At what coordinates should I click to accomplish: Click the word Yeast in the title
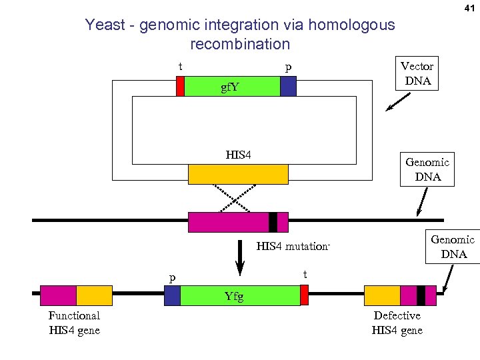tap(105, 25)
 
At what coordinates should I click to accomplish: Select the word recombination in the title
tap(240, 45)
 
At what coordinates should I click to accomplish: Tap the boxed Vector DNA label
tap(417, 74)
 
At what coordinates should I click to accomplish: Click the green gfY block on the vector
tap(231, 87)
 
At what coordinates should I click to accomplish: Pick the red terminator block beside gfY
tap(180, 87)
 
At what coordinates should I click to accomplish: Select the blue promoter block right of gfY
tap(288, 87)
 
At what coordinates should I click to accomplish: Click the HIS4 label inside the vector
tap(238, 155)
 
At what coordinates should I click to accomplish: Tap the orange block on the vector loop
tap(238, 174)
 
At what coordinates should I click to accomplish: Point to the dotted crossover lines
tap(238, 197)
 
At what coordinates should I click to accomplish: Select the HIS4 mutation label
tap(293, 247)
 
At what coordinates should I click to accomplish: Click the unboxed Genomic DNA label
tap(427, 169)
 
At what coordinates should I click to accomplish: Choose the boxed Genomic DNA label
tap(453, 247)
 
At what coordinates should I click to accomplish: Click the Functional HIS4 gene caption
tap(74, 323)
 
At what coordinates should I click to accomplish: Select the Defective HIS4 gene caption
tap(397, 323)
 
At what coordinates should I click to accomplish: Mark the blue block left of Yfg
tap(172, 295)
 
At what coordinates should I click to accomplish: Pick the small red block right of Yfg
tap(304, 295)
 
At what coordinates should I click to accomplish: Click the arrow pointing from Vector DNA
tap(399, 101)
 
